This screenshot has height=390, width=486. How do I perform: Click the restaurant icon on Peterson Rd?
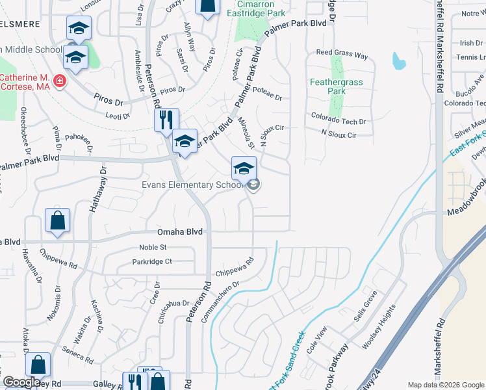166,119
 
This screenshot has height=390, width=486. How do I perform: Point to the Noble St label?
153,248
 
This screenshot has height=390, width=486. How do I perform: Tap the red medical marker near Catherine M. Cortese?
60,81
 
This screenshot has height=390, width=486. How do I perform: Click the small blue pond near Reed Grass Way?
397,61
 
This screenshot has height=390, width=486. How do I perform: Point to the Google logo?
21,382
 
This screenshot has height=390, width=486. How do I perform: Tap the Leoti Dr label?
118,116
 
